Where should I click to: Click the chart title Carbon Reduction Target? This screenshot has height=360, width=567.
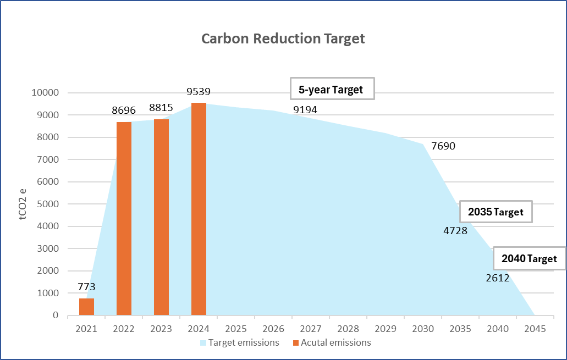(283, 39)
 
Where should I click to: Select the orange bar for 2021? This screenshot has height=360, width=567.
(86, 307)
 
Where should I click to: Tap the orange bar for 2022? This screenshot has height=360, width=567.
(124, 219)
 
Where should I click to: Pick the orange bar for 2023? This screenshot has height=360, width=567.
(161, 217)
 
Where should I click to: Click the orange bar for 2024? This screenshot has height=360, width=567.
(199, 209)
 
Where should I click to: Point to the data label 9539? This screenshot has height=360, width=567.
(199, 92)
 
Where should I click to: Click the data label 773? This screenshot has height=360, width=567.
(86, 287)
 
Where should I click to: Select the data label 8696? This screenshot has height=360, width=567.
(124, 110)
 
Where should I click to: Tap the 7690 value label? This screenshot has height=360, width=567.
(443, 146)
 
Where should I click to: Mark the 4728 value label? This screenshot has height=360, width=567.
(455, 231)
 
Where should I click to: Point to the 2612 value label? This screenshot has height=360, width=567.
(498, 278)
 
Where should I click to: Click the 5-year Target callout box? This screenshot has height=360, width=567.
(332, 89)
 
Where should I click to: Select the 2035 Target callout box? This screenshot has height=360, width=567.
(496, 212)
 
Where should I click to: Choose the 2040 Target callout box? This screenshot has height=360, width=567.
(529, 259)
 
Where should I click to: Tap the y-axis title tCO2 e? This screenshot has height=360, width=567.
(23, 204)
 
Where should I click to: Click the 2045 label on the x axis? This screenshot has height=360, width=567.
(535, 329)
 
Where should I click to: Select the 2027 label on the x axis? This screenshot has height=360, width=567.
(311, 329)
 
